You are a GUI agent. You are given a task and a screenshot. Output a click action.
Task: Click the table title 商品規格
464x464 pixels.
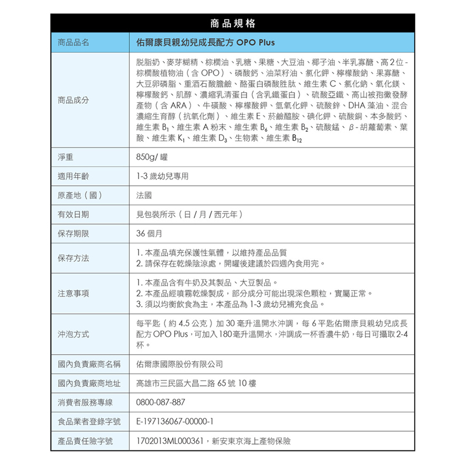(232, 23)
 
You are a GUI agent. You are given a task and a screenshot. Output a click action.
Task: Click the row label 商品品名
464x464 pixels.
(73, 42)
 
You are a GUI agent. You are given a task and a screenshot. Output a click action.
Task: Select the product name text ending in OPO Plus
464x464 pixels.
(205, 42)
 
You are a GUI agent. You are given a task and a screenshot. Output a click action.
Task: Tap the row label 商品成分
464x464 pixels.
(73, 100)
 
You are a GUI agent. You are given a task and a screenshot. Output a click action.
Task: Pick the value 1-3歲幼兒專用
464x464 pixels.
(162, 176)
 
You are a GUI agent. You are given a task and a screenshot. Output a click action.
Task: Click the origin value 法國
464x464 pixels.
(144, 196)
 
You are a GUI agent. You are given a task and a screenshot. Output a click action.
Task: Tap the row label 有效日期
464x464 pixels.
(73, 215)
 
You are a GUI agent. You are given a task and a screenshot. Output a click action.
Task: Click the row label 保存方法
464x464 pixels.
(73, 258)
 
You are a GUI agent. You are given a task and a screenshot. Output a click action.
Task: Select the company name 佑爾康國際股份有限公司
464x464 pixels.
(180, 364)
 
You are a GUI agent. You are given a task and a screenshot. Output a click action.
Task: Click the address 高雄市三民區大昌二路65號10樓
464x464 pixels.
(196, 383)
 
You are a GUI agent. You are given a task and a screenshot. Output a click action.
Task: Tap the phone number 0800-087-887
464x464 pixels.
(161, 403)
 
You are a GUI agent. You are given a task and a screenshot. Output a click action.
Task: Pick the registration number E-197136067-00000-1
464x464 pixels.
(173, 421)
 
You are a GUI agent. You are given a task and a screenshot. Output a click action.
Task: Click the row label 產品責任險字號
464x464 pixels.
(86, 441)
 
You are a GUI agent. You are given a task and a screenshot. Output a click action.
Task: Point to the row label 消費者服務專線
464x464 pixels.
(86, 403)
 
